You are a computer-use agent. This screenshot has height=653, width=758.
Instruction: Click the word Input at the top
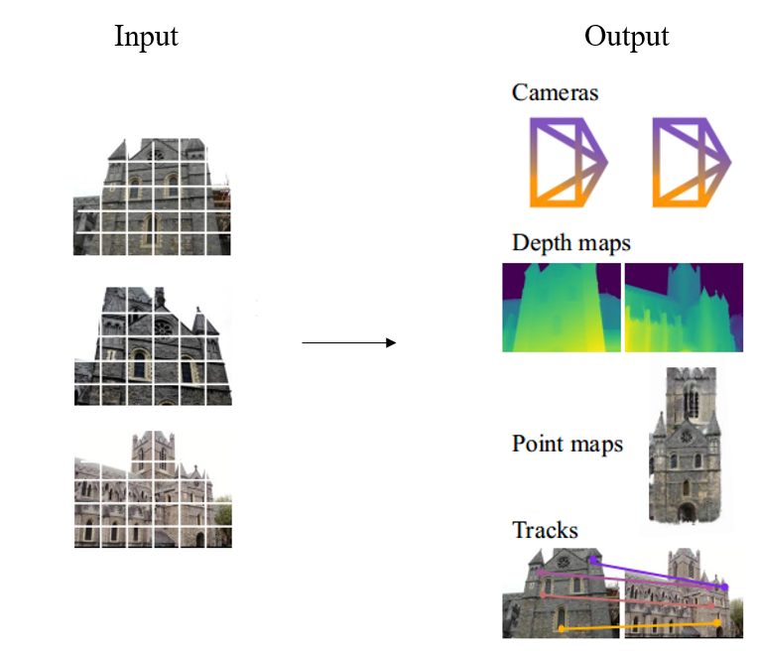tap(146, 37)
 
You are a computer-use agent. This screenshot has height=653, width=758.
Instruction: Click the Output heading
tap(626, 37)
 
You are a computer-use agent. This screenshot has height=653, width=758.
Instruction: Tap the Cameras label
tap(555, 92)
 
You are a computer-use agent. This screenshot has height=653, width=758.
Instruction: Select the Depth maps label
tap(570, 243)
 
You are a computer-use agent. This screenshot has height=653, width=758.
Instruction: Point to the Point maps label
tap(568, 444)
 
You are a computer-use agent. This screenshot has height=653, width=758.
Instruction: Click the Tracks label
tap(545, 529)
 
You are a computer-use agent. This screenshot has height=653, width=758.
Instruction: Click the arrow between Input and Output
tap(348, 342)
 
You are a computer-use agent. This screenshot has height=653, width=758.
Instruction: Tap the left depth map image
tap(562, 308)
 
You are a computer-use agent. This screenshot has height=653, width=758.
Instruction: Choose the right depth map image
tap(684, 308)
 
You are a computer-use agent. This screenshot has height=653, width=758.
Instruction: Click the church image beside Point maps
tap(685, 445)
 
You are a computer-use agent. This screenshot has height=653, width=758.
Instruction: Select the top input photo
tap(153, 196)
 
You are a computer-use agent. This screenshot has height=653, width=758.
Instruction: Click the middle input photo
tap(153, 345)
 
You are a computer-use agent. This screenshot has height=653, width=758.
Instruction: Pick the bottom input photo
tap(153, 489)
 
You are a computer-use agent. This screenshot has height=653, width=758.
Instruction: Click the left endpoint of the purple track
tap(592, 561)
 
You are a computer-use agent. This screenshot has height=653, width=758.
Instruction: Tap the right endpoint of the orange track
tap(717, 622)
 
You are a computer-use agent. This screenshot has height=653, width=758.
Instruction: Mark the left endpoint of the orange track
tap(562, 628)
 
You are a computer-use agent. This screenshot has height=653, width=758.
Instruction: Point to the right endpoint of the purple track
tap(725, 588)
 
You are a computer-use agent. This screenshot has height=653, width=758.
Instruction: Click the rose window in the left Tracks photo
tap(565, 562)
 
